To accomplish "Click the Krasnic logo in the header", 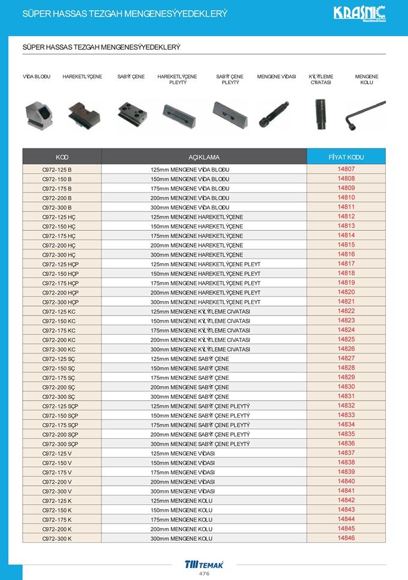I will (359, 13).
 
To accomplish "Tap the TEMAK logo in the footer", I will (204, 564).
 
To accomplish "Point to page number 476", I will (204, 573).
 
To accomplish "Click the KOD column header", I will (62, 157).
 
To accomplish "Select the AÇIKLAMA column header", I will (204, 157).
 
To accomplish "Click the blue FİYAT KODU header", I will (346, 157).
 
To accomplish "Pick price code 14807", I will (346, 169).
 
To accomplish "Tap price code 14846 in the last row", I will (346, 539).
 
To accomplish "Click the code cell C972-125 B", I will (57, 169).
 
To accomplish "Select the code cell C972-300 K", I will (57, 539).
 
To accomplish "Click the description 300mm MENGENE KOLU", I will (181, 539).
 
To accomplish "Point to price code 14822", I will (346, 311).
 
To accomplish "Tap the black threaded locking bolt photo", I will (322, 114).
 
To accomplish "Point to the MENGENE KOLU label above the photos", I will (367, 79).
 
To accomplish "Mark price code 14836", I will (346, 444).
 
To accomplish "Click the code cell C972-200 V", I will (57, 481).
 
